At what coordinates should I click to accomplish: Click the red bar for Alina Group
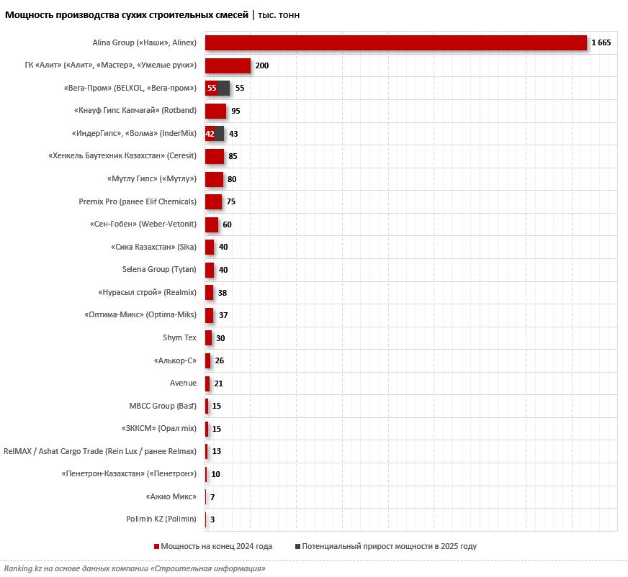[x=396, y=43]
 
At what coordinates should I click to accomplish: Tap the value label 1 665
[x=601, y=43]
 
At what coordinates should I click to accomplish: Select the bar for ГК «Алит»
[x=228, y=65]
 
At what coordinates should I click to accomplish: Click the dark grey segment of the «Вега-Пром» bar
[x=223, y=88]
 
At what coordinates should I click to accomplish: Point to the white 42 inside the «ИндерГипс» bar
[x=210, y=134]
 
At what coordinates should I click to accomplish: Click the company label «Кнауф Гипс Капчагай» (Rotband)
[x=135, y=111]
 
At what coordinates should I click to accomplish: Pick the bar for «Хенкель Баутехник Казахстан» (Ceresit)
[x=215, y=156]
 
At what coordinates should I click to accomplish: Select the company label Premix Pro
[x=138, y=201]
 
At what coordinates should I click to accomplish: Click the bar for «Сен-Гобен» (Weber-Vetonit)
[x=212, y=224]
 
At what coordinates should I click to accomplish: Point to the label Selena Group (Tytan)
[x=159, y=269]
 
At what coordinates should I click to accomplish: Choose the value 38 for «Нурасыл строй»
[x=223, y=293]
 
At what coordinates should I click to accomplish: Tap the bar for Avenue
[x=207, y=383]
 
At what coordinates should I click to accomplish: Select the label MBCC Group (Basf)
[x=163, y=406]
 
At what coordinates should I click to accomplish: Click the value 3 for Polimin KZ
[x=212, y=519]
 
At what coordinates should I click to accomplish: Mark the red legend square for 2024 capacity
[x=156, y=547]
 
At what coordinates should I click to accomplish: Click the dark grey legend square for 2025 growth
[x=298, y=547]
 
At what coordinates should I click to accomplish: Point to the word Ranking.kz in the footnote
[x=20, y=568]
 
